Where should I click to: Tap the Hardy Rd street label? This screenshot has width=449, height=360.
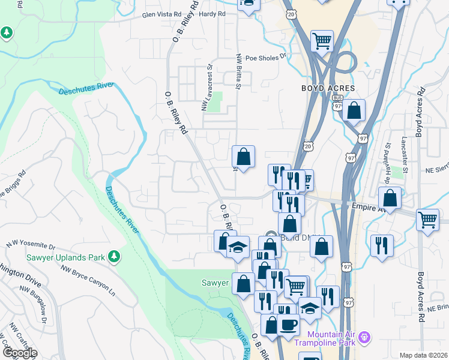tap(212, 14)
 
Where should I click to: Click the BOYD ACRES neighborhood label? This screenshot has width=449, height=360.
tap(328, 88)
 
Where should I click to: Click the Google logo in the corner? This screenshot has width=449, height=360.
tap(20, 353)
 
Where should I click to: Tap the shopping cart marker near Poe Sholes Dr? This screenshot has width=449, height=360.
tap(322, 41)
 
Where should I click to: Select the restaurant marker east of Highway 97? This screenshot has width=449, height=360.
tap(382, 245)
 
